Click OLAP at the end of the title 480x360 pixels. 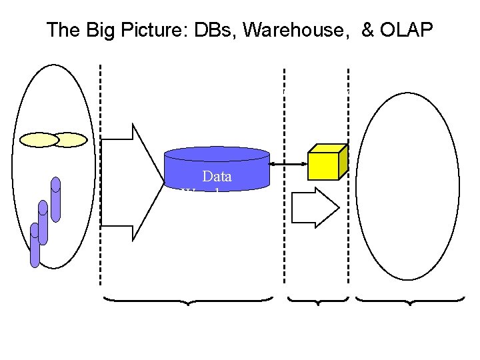[407, 30]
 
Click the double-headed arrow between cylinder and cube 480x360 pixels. [288, 163]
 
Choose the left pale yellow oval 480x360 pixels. [39, 140]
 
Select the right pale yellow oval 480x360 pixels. [71, 140]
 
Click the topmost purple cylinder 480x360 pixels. [56, 199]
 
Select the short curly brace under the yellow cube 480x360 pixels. [319, 301]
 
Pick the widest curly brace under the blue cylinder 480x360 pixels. [188, 301]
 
